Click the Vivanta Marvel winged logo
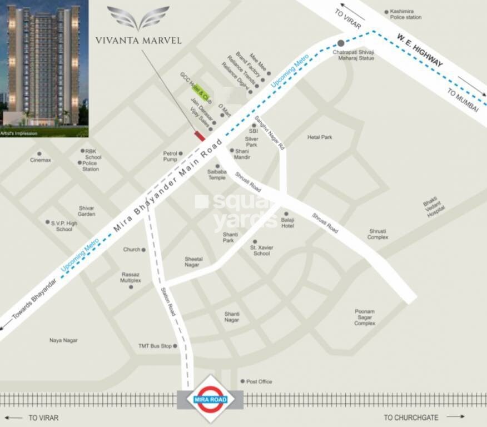138,18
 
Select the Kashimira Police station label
406,14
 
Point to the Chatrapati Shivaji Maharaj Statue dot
341,43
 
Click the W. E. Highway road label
420,51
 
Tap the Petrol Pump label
170,156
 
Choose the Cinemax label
41,160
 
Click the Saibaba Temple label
217,175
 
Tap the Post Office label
259,381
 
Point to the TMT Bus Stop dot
175,346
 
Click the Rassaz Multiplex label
131,277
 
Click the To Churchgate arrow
455,416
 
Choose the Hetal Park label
320,137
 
